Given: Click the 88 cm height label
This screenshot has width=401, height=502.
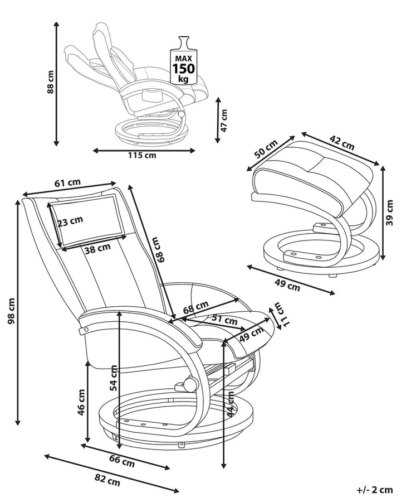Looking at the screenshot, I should [50, 83].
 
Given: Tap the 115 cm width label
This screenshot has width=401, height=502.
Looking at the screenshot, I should [142, 155].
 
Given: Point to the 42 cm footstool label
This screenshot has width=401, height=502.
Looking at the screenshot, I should [341, 143].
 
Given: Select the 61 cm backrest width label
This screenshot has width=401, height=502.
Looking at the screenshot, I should [67, 182].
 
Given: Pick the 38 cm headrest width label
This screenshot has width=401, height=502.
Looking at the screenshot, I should [97, 249].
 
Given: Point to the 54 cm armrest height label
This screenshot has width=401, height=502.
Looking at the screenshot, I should [114, 377].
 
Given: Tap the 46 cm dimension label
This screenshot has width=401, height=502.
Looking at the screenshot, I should [81, 403].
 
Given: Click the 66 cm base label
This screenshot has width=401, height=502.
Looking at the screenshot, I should [121, 461].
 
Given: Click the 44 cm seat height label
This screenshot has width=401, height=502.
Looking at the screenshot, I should [231, 404].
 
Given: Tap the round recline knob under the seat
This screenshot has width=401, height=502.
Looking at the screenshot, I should [190, 384].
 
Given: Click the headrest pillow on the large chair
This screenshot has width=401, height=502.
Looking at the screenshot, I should [86, 219].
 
